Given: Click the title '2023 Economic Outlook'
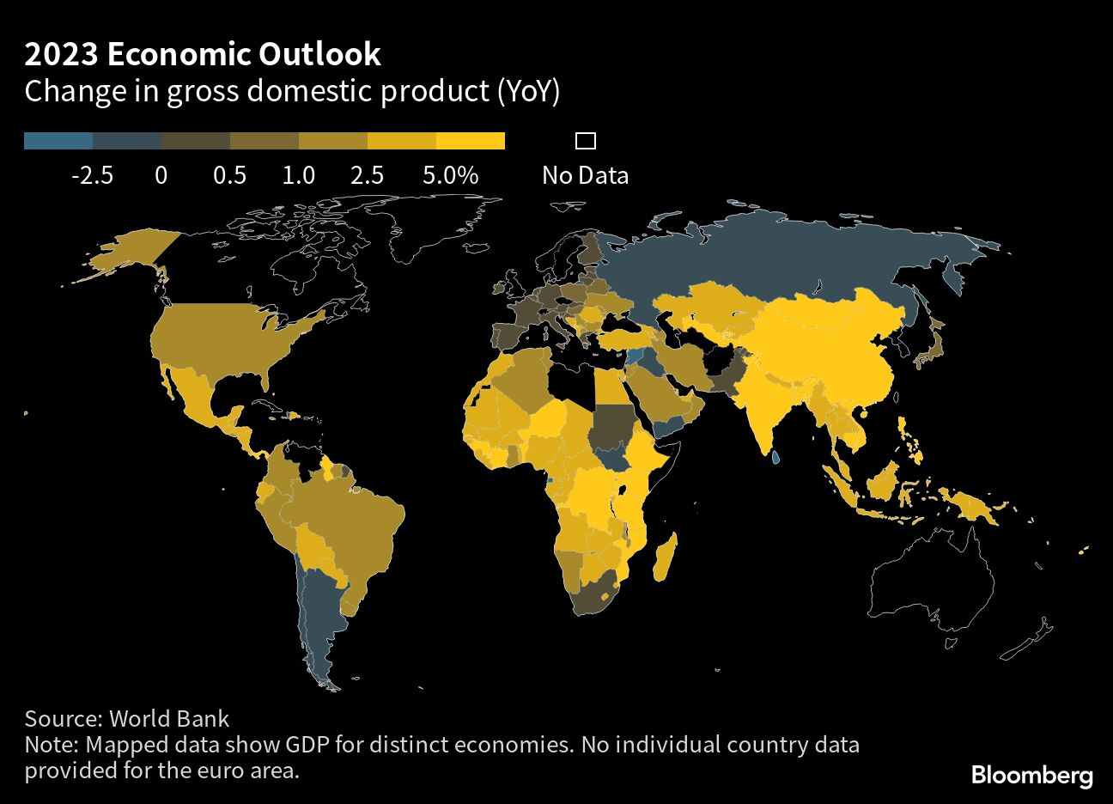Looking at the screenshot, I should [203, 54].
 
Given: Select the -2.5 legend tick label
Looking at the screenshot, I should [92, 175].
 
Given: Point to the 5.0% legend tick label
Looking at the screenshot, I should [450, 175].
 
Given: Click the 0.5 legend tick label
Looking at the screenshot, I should [229, 175].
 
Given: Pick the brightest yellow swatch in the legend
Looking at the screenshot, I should [471, 142].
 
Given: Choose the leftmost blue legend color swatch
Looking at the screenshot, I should [58, 142].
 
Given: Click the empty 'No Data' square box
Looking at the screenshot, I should [586, 141].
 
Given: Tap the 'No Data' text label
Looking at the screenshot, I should [585, 175].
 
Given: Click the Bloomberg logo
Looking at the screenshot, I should [1031, 775].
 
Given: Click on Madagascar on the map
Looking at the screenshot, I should [665, 557].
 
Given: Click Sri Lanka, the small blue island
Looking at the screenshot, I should [775, 458].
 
